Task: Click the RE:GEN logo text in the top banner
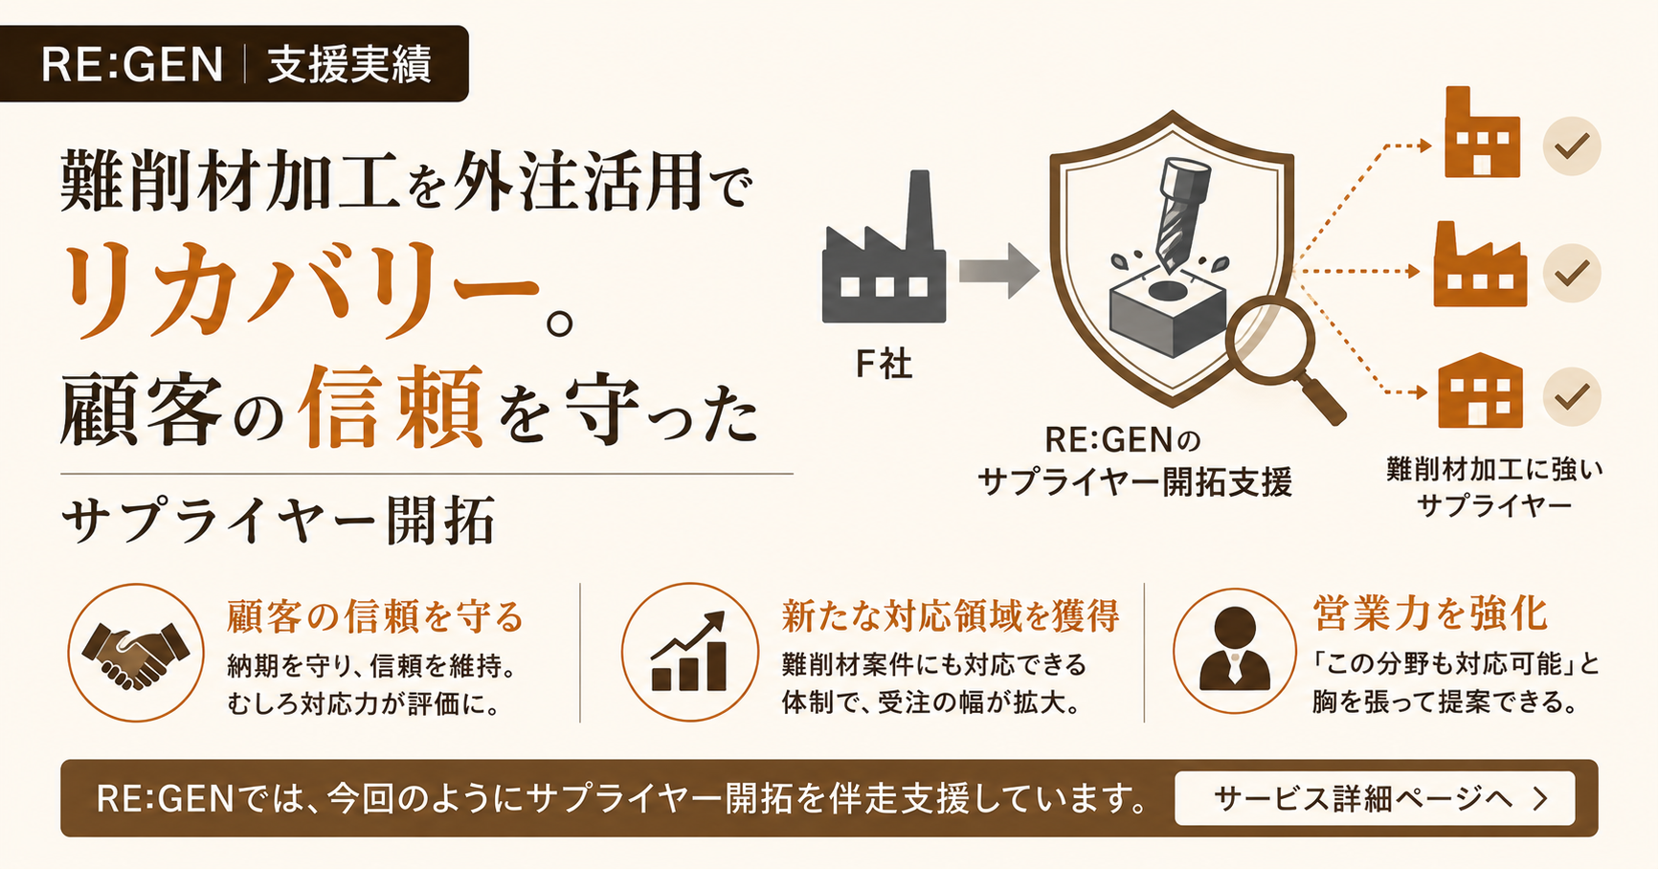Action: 132,64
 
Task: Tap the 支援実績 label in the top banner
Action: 349,64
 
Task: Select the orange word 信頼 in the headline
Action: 391,407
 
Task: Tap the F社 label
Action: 883,364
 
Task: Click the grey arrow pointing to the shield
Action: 998,271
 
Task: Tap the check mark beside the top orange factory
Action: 1572,145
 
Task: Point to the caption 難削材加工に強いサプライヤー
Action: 1494,486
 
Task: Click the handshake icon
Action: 136,653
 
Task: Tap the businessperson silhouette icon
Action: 1235,649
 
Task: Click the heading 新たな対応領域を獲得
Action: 951,615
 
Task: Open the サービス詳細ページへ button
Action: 1375,798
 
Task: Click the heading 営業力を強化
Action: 1430,613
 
